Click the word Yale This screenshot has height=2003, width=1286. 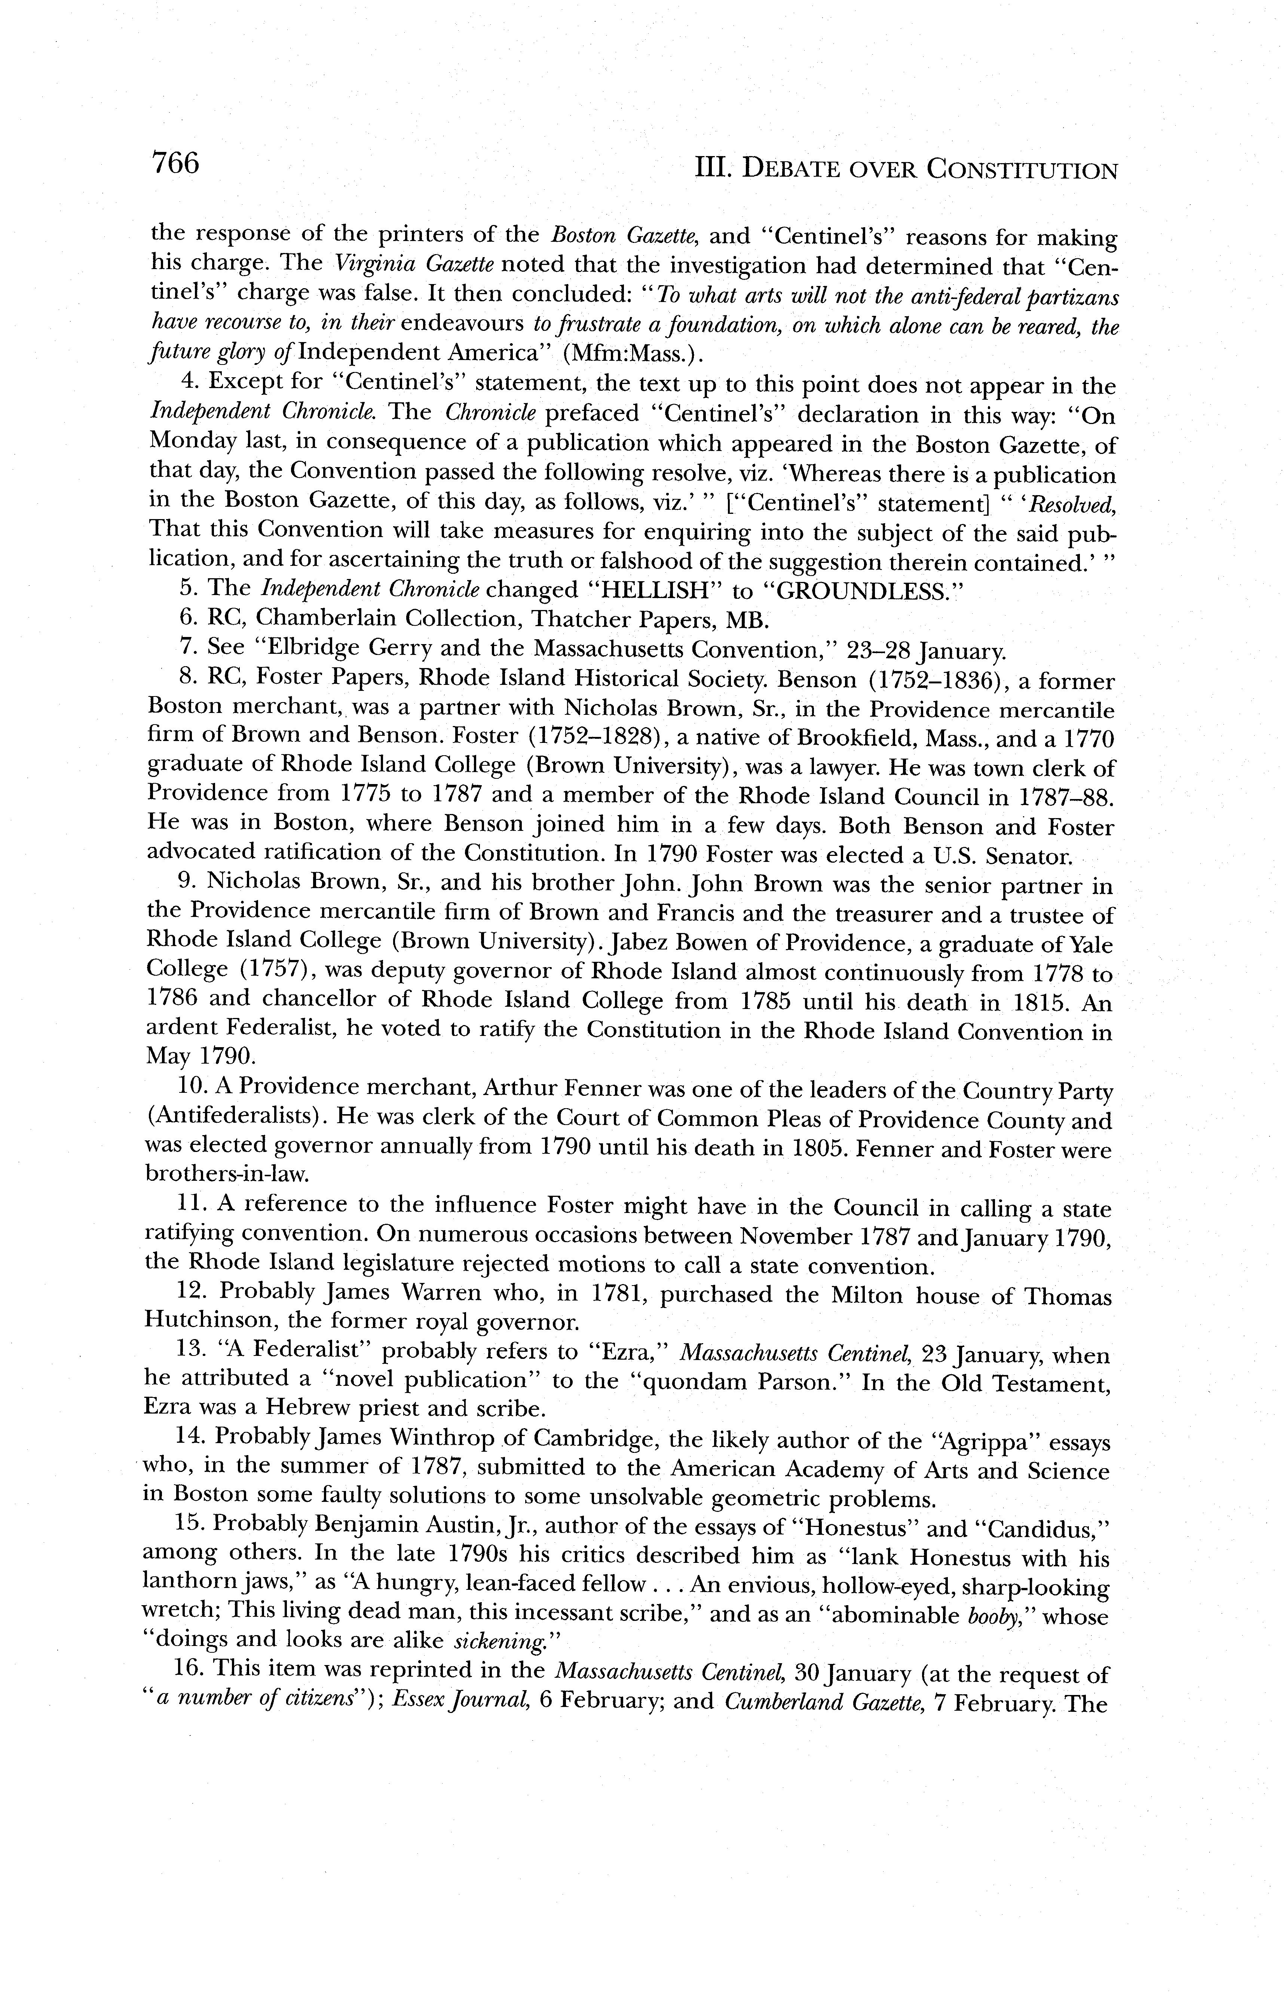tap(1091, 944)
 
